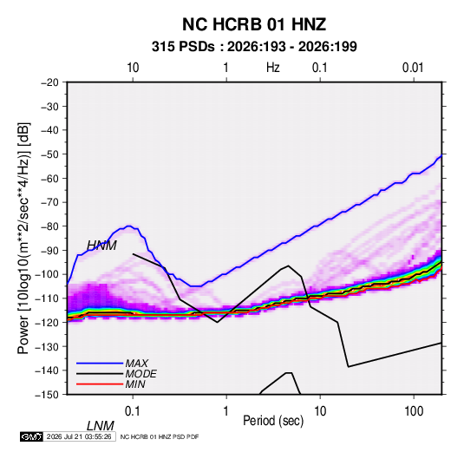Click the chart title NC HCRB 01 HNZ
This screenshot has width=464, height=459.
tap(254, 24)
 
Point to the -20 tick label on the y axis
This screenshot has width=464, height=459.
tap(49, 82)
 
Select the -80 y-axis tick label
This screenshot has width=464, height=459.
tap(49, 226)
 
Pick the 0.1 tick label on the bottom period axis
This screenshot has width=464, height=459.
tap(133, 411)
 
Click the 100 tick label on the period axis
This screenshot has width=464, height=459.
tap(414, 411)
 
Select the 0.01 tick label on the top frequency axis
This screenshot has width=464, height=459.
tap(413, 68)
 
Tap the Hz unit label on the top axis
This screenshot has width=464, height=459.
tap(273, 68)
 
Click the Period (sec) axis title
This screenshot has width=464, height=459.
tap(273, 421)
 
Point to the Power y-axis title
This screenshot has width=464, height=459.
tap(23, 239)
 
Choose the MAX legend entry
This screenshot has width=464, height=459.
tap(137, 363)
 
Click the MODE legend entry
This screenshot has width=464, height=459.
tap(141, 374)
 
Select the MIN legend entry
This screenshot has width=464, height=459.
tap(135, 384)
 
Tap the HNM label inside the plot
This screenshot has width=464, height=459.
tap(101, 246)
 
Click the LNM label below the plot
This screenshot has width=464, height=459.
tap(101, 426)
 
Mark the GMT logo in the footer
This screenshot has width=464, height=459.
tap(32, 436)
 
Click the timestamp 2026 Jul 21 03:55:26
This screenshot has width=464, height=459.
tap(79, 436)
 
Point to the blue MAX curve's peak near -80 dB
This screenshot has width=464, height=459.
tap(129, 226)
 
